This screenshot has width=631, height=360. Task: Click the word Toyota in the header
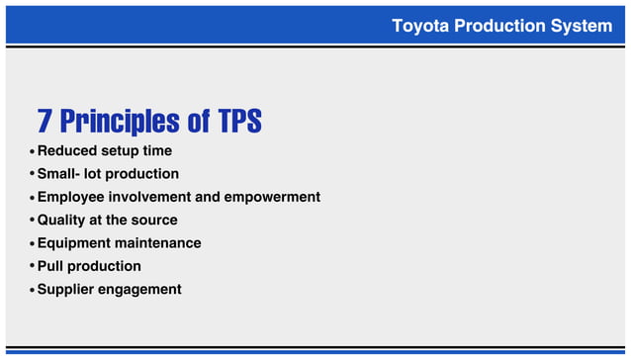coord(419,26)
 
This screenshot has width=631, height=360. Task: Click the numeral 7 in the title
coord(45,122)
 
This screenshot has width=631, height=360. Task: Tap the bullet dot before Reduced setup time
coord(32,152)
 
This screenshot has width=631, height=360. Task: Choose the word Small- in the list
coord(61,174)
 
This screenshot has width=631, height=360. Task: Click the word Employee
coord(72,197)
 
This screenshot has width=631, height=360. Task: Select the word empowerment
coord(273,197)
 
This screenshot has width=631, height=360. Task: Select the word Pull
coord(50,266)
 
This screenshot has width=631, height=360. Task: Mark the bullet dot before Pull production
coord(32,267)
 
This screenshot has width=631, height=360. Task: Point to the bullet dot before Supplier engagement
coord(32,290)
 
